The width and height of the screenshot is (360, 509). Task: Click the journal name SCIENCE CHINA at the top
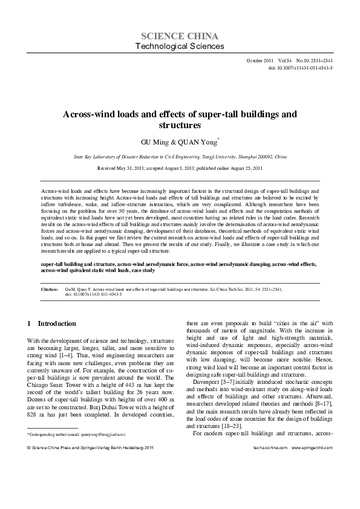point(180,35)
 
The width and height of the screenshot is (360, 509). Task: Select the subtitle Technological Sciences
point(180,46)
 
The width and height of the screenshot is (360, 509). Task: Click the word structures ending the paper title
point(179,126)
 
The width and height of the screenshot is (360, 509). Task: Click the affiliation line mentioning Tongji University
point(180,155)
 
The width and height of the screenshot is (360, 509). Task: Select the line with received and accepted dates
point(180,167)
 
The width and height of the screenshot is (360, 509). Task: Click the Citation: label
point(49,290)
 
